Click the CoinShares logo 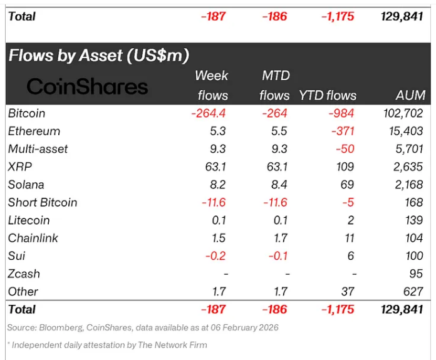87,86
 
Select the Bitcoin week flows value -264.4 208,113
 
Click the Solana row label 26,184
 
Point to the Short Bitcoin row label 43,202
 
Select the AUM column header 410,95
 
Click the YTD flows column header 328,95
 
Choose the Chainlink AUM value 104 415,238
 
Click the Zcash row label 24,274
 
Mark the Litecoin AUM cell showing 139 415,220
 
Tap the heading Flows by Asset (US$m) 98,55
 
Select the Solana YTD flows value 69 348,184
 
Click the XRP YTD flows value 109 345,167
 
